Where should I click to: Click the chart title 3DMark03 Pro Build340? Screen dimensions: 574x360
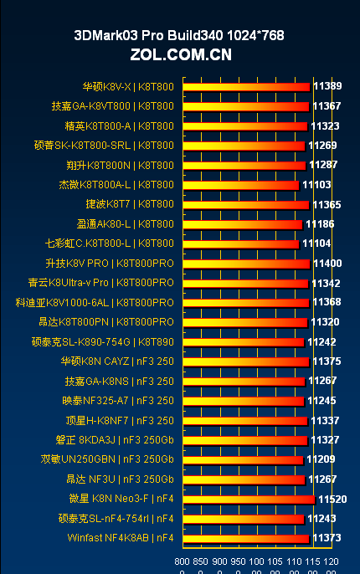(x=179, y=35)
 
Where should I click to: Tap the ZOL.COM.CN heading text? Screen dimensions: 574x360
(x=180, y=55)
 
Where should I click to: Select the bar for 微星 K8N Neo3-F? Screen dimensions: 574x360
(x=249, y=499)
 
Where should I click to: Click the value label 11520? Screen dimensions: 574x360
(x=331, y=499)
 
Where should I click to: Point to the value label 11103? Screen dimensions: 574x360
(x=316, y=185)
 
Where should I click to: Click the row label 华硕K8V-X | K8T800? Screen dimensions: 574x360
(x=128, y=86)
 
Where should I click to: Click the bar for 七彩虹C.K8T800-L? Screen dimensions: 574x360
(x=240, y=243)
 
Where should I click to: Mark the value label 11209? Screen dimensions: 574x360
(x=321, y=459)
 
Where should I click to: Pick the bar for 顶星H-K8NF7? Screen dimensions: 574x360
(x=244, y=420)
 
